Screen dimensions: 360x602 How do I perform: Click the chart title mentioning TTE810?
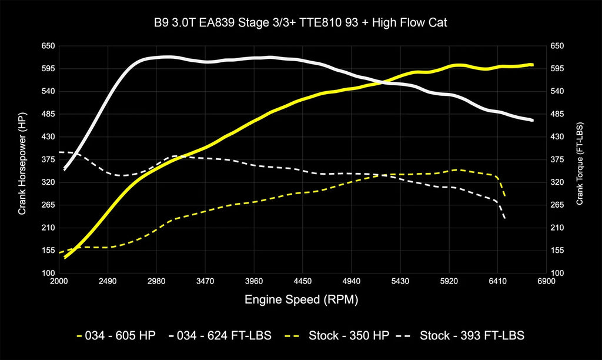tap(301, 24)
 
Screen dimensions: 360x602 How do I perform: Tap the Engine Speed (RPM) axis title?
tap(301, 300)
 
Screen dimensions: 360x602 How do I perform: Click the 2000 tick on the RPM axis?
tap(59, 282)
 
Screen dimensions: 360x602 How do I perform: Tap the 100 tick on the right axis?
tap(557, 274)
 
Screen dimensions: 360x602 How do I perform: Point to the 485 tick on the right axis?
tap(557, 114)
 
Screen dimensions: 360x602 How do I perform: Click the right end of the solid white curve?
tap(532, 120)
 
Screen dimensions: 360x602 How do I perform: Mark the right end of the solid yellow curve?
tap(532, 65)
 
